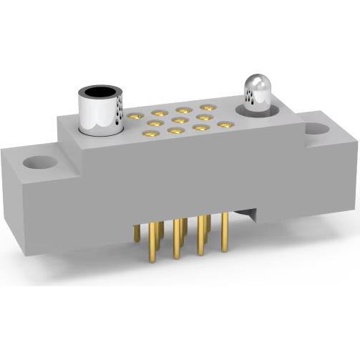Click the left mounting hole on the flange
34,162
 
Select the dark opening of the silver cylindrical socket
100,93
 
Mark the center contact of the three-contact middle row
180,120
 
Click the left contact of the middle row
155,124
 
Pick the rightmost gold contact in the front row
225,125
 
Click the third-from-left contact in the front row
200,127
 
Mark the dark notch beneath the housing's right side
248,213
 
